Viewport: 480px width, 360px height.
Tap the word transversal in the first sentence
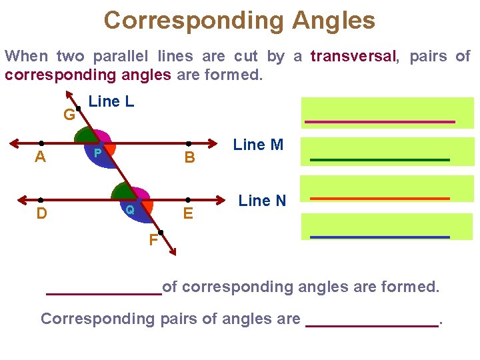[x=353, y=57]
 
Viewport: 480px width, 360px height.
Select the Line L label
[x=111, y=102]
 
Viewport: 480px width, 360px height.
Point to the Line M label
[x=258, y=145]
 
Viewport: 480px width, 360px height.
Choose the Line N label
[x=262, y=201]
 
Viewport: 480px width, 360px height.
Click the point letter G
[x=69, y=115]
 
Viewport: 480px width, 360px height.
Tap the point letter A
[x=41, y=157]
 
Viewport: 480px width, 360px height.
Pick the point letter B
[x=189, y=158]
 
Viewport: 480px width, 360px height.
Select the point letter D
[x=41, y=214]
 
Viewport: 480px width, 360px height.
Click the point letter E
[x=189, y=214]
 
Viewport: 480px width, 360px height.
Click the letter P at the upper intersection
[x=97, y=153]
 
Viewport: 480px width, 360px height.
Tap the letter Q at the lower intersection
[x=131, y=209]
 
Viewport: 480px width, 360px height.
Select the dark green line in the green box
[x=380, y=160]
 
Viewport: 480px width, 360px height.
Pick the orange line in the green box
[x=380, y=199]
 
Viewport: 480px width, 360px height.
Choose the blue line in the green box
[x=380, y=237]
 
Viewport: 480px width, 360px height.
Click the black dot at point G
[x=79, y=108]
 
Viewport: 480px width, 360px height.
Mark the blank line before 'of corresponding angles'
[x=103, y=293]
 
